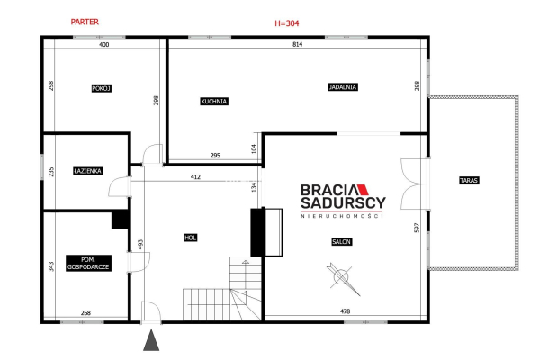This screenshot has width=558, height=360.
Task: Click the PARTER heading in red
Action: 85,22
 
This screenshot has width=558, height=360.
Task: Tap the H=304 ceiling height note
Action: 287,23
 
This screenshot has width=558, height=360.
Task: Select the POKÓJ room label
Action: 102,88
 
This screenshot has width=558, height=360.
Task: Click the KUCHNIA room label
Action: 214,102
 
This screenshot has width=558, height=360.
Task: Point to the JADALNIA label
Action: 343,86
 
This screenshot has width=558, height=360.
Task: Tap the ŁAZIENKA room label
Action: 88,171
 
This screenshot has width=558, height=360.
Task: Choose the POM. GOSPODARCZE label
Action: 88,263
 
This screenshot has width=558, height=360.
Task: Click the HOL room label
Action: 191,238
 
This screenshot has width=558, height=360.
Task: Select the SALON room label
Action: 341,242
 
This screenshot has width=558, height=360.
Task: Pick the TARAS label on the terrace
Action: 469,180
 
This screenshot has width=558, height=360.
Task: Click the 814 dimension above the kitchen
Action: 298,44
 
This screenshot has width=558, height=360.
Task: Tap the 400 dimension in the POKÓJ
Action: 103,44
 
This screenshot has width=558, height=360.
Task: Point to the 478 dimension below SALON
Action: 346,310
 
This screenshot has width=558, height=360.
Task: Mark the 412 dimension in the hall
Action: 195,176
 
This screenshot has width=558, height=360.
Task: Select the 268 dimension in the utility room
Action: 85,312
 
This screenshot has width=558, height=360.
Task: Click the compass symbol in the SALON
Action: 342,278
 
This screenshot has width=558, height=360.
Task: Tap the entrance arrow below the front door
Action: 151,340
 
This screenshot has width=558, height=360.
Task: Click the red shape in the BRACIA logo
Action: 363,190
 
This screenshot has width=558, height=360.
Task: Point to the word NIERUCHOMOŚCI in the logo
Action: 342,216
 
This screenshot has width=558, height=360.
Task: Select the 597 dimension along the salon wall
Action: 417,228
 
